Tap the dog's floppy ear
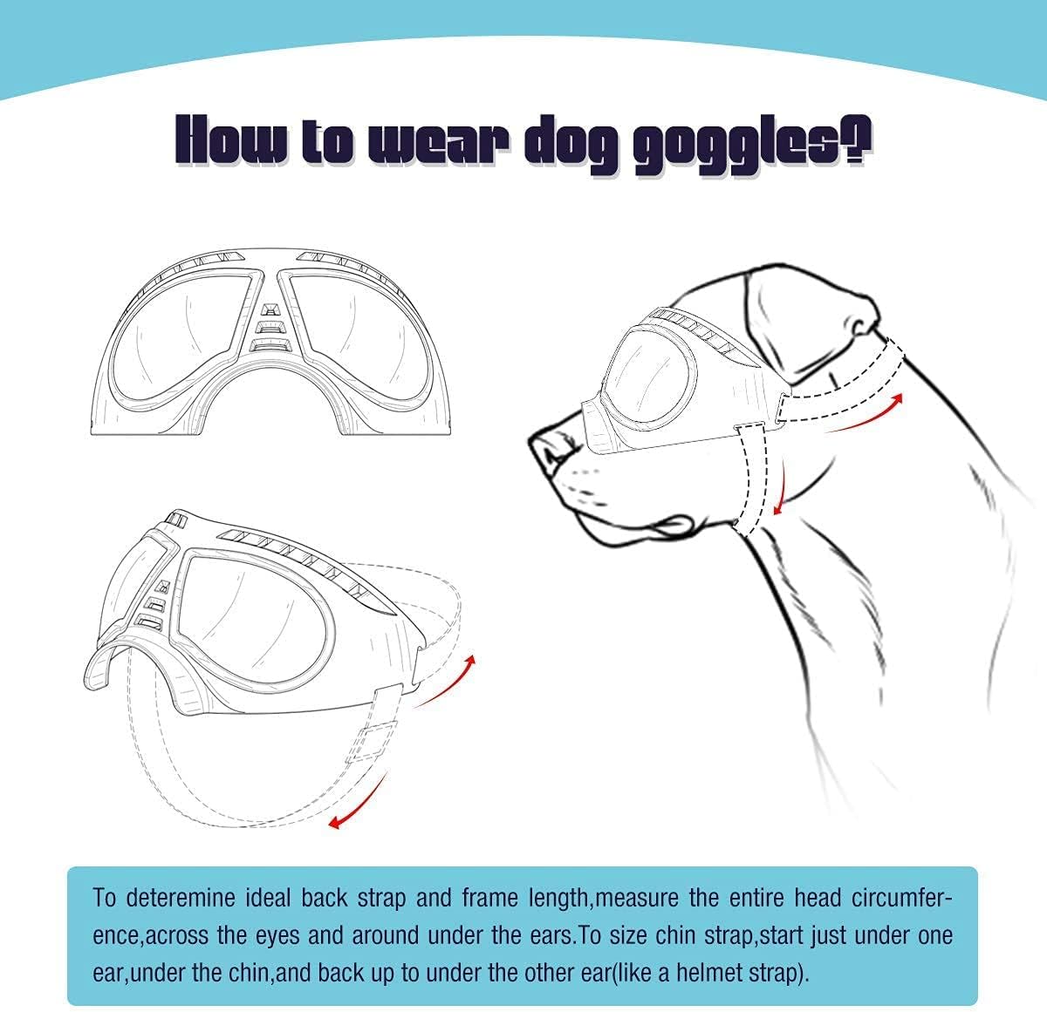(811, 305)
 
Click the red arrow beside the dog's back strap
(864, 415)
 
